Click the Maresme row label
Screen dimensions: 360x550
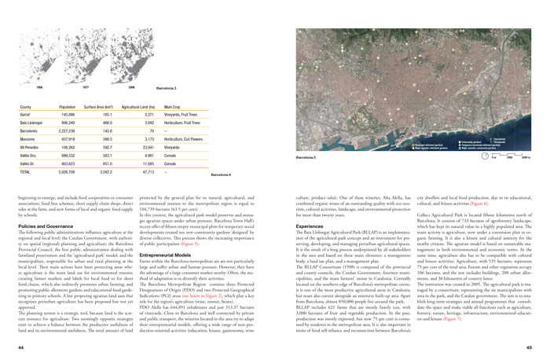point(28,139)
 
